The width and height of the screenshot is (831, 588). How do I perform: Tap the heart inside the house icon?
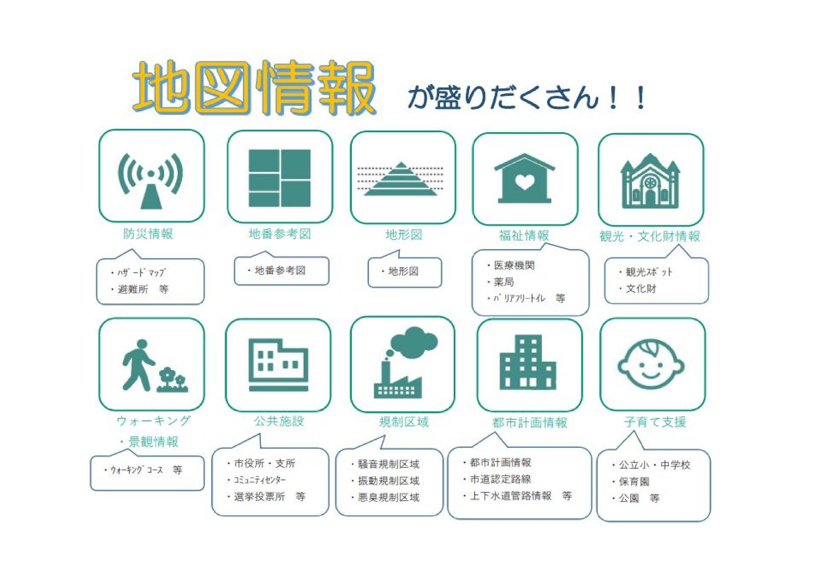click(x=524, y=182)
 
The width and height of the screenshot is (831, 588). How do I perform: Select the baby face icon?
click(x=651, y=364)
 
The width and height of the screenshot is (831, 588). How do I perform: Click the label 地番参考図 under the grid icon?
click(x=280, y=234)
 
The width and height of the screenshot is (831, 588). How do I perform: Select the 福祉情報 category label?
click(x=524, y=236)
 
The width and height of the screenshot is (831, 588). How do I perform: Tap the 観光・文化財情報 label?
click(x=650, y=236)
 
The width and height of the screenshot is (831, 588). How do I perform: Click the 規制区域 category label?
click(x=404, y=422)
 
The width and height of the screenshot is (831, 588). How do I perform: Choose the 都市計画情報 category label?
click(x=530, y=423)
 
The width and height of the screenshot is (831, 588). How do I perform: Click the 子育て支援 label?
click(x=655, y=422)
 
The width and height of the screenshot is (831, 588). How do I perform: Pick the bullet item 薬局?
click(x=504, y=282)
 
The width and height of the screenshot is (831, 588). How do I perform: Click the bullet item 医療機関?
click(x=514, y=265)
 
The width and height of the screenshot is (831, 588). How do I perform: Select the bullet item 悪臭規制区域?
click(x=388, y=497)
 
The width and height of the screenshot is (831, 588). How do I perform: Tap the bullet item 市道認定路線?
click(x=500, y=479)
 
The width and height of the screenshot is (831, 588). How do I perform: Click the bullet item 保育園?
click(x=634, y=482)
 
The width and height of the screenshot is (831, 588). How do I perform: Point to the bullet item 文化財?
click(x=641, y=289)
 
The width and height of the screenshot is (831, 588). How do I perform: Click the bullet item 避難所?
click(x=133, y=289)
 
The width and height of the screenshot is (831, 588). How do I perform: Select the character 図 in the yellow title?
click(x=222, y=87)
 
